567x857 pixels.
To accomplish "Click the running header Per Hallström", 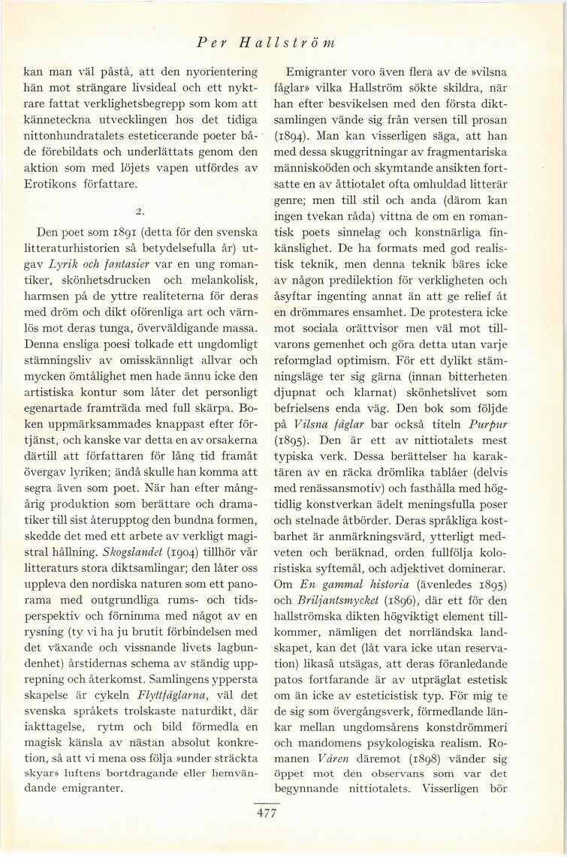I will [264, 43].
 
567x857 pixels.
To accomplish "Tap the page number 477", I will [267, 813].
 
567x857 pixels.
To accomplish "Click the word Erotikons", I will [51, 183].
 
